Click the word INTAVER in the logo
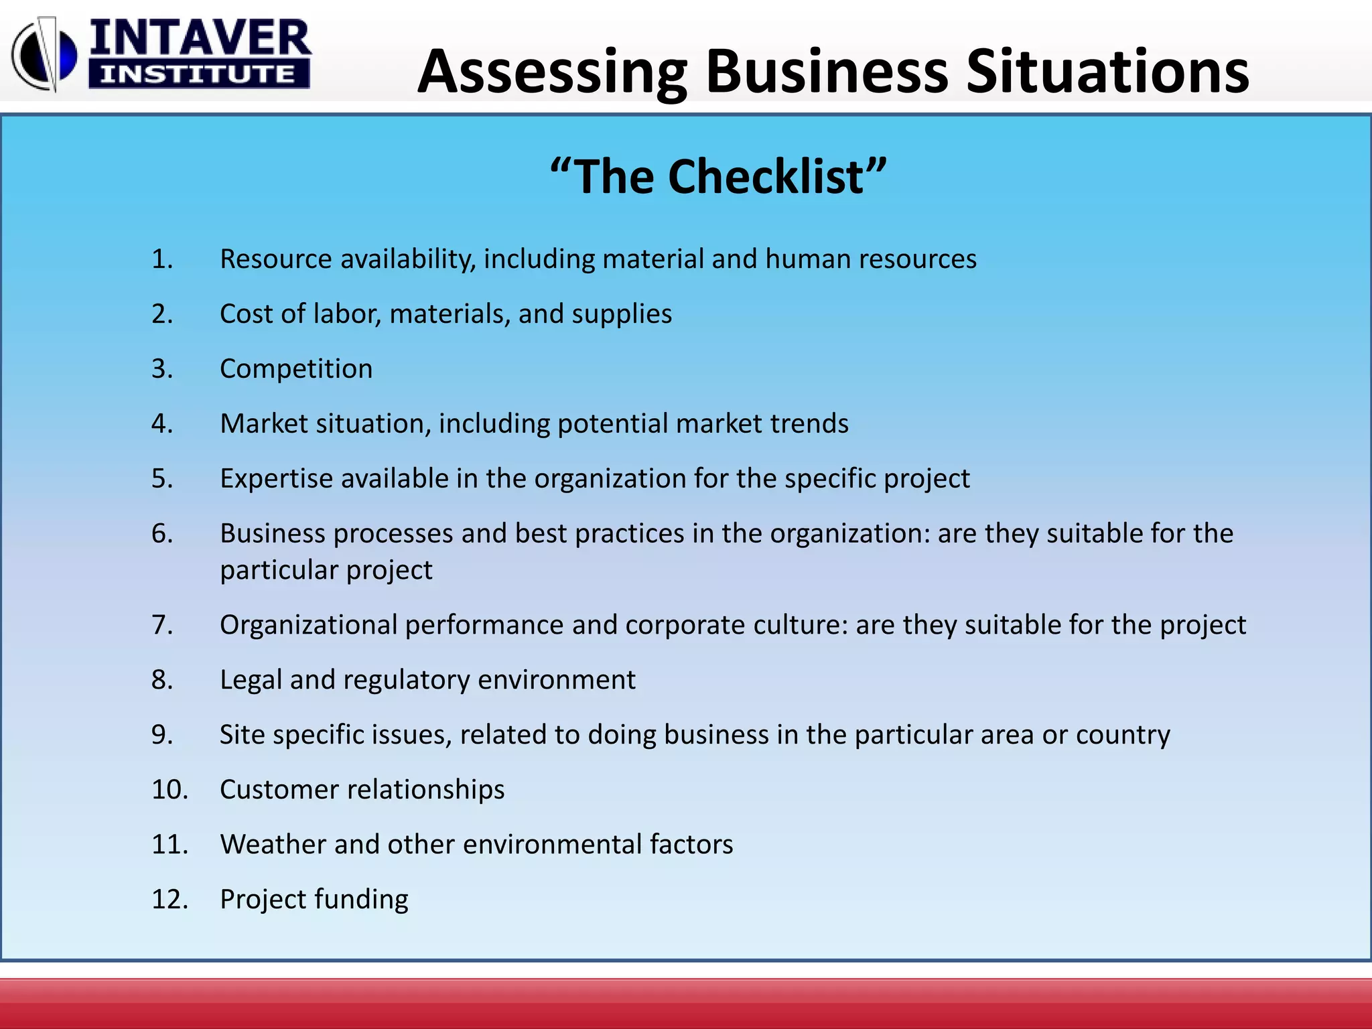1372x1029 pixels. tap(200, 38)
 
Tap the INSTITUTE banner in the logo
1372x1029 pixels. tap(198, 74)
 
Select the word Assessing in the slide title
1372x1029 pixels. tap(552, 72)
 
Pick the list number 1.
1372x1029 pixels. tap(162, 259)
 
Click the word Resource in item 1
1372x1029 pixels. tap(275, 259)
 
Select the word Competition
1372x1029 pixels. tap(296, 369)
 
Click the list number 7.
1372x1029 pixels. tap(162, 625)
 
